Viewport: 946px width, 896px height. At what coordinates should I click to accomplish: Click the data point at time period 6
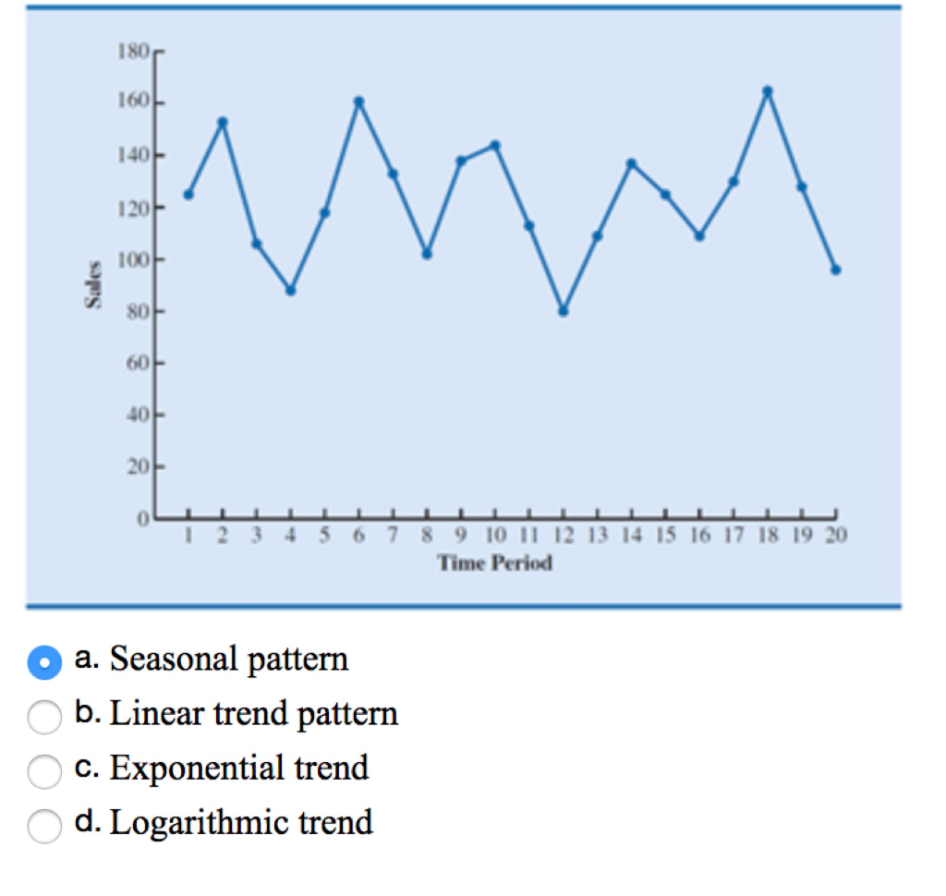(x=358, y=101)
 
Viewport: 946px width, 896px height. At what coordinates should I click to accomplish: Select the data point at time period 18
(x=767, y=91)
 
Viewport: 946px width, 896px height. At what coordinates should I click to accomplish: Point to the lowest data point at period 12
(x=563, y=311)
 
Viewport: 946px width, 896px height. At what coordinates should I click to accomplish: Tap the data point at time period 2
(x=223, y=121)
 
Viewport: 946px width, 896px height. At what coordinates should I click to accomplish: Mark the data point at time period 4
(x=290, y=290)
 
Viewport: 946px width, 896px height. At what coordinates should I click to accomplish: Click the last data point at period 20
(x=835, y=270)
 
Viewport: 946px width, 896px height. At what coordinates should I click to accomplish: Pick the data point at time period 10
(x=494, y=144)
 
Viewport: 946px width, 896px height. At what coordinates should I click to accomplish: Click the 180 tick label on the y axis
(x=133, y=51)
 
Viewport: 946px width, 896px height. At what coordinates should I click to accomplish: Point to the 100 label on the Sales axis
(x=133, y=260)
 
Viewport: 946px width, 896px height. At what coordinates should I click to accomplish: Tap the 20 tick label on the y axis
(x=138, y=468)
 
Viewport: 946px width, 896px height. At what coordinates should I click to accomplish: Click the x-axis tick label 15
(x=664, y=537)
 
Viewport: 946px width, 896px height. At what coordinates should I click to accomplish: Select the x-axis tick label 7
(x=393, y=537)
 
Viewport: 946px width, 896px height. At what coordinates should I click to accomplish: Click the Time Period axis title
(x=495, y=563)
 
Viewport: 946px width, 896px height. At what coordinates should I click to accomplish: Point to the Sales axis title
(x=92, y=285)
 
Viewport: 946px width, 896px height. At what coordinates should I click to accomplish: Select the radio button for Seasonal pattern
(x=44, y=661)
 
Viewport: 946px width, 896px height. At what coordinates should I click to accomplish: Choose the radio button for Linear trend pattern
(x=44, y=716)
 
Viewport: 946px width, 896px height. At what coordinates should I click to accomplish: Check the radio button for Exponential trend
(x=44, y=770)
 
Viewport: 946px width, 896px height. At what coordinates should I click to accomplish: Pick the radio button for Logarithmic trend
(x=44, y=825)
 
